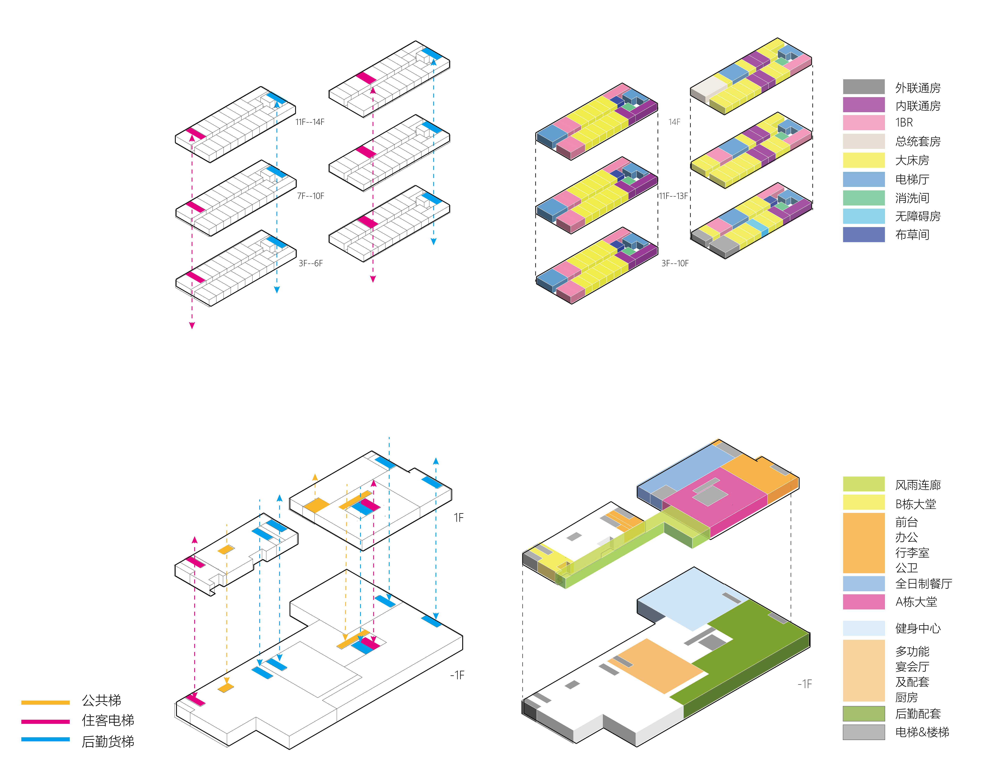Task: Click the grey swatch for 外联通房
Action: pos(863,86)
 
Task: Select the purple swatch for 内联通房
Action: pos(863,105)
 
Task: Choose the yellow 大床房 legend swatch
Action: pos(863,160)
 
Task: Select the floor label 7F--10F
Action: pos(310,196)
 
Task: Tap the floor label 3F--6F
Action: pos(310,263)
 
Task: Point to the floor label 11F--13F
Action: pos(673,196)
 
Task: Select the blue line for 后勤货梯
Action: pos(45,739)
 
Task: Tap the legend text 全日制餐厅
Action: pos(923,584)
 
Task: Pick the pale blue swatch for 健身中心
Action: pos(863,628)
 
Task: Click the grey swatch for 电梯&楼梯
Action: pos(863,732)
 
